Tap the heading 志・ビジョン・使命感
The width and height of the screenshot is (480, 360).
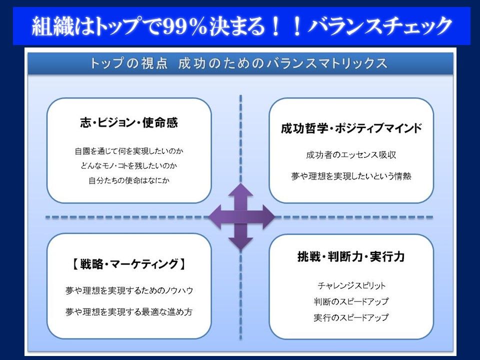(x=129, y=122)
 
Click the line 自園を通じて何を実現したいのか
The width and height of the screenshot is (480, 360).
(x=129, y=151)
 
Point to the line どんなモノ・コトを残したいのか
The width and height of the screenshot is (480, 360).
(x=129, y=165)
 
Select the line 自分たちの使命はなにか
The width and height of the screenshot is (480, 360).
(x=129, y=180)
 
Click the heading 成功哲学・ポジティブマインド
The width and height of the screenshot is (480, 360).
(x=351, y=128)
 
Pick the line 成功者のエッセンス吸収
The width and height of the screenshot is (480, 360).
(x=351, y=155)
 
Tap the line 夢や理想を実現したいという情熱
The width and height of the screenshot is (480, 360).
(x=351, y=176)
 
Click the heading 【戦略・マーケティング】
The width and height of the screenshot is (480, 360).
(x=129, y=263)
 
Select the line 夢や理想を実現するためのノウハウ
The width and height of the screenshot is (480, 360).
(x=129, y=290)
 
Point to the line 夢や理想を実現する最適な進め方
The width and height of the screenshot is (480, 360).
(x=129, y=311)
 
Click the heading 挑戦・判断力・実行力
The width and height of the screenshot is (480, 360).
(x=351, y=256)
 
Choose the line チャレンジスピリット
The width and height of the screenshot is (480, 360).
(x=351, y=285)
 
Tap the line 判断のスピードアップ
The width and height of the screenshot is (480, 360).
(x=351, y=301)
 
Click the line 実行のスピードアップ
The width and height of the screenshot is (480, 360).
(x=351, y=317)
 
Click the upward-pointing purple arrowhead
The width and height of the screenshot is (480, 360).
(x=240, y=190)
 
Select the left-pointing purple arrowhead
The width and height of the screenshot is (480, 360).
(x=216, y=216)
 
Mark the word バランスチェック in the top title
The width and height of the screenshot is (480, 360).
(x=380, y=26)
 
